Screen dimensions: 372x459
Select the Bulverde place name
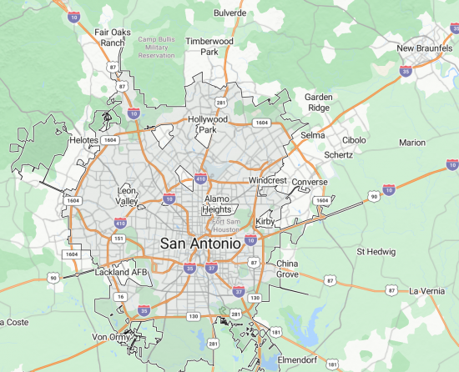(x=230, y=13)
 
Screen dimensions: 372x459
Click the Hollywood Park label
(x=208, y=124)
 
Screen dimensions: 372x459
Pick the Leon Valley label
(x=127, y=195)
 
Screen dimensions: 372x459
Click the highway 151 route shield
(x=119, y=239)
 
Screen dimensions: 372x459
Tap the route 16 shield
(x=120, y=296)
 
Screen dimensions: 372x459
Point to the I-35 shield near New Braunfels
(x=406, y=72)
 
